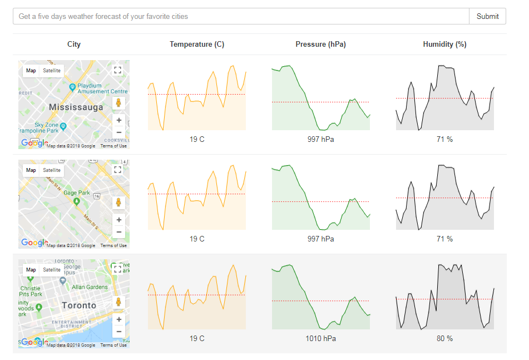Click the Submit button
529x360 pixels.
tap(487, 17)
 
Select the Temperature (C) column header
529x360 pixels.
tap(197, 45)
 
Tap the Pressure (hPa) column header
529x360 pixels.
tap(320, 45)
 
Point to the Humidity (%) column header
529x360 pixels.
tap(444, 45)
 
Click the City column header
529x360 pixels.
tap(74, 45)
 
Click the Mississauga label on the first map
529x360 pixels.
tap(76, 107)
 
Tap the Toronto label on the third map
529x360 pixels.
tap(78, 305)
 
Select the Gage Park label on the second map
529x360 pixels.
tap(77, 193)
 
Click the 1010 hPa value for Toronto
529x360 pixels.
tap(320, 338)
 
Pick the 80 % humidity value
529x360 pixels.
tap(444, 338)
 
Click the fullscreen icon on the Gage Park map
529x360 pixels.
tap(117, 170)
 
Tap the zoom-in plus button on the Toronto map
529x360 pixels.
tap(118, 320)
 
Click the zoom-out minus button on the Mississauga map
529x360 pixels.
tap(118, 132)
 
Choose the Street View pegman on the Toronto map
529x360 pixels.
tap(118, 302)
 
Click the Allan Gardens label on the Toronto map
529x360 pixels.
tap(90, 287)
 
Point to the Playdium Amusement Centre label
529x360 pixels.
tap(102, 88)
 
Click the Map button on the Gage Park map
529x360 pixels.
tap(31, 170)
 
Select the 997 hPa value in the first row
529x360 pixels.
tap(320, 139)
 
